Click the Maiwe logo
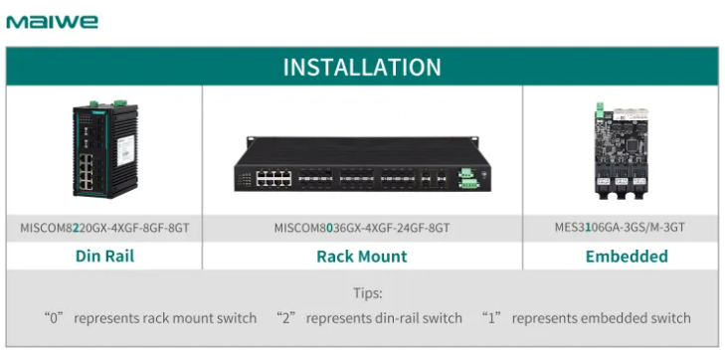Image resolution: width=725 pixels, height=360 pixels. pos(52,22)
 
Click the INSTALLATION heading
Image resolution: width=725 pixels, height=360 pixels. pos(362,67)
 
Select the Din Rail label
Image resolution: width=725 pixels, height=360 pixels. pos(104,256)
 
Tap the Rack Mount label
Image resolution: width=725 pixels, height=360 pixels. pos(362,256)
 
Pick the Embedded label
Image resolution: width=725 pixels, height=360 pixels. pos(627,256)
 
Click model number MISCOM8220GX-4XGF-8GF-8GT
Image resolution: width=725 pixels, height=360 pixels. pos(104,228)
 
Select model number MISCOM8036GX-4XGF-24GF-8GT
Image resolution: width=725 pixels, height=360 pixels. pos(362,228)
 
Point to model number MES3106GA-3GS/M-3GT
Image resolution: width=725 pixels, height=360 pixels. pos(620,228)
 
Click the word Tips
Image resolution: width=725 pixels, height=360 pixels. pos(368,293)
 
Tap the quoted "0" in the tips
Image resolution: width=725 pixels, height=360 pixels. pos(53,318)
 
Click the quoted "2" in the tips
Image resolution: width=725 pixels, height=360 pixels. pos(285,318)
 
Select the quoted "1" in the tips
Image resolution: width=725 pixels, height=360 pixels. pos(491,318)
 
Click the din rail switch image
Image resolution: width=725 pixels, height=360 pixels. pos(105,149)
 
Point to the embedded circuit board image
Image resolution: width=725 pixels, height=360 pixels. pos(621,150)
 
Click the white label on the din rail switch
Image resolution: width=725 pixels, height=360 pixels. pos(125,150)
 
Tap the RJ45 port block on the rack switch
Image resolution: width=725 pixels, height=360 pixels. pos(274,178)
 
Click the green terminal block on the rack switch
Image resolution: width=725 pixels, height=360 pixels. pos(467,178)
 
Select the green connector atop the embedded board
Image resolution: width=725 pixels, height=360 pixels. pos(600,109)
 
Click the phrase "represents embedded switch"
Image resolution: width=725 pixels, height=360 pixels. pos(601,318)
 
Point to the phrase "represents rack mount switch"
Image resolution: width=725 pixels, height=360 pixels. pos(165,318)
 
